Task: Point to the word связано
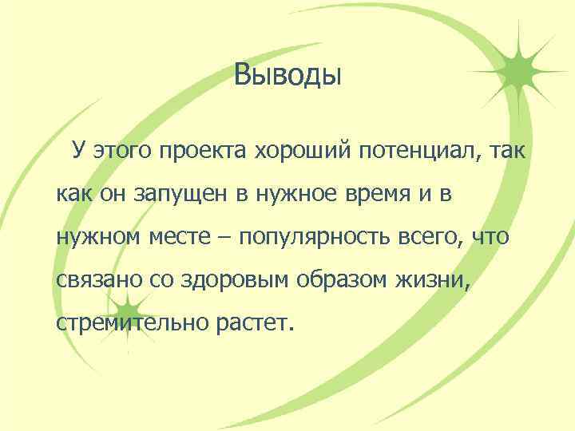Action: click(x=94, y=281)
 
